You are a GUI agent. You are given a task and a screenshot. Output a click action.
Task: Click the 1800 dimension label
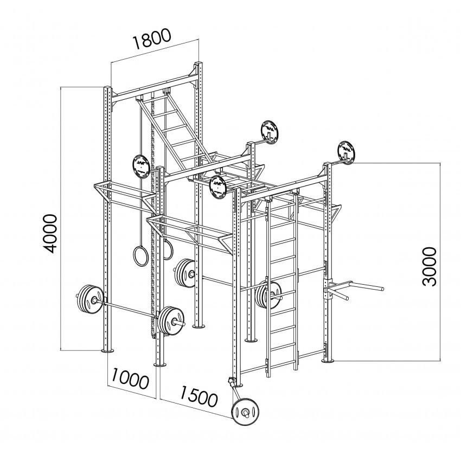[153, 41]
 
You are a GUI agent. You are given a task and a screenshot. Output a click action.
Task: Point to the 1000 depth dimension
[130, 379]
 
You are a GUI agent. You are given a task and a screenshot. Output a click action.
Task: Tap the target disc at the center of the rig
[218, 187]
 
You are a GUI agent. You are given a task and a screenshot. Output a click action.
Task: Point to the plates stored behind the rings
[184, 272]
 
